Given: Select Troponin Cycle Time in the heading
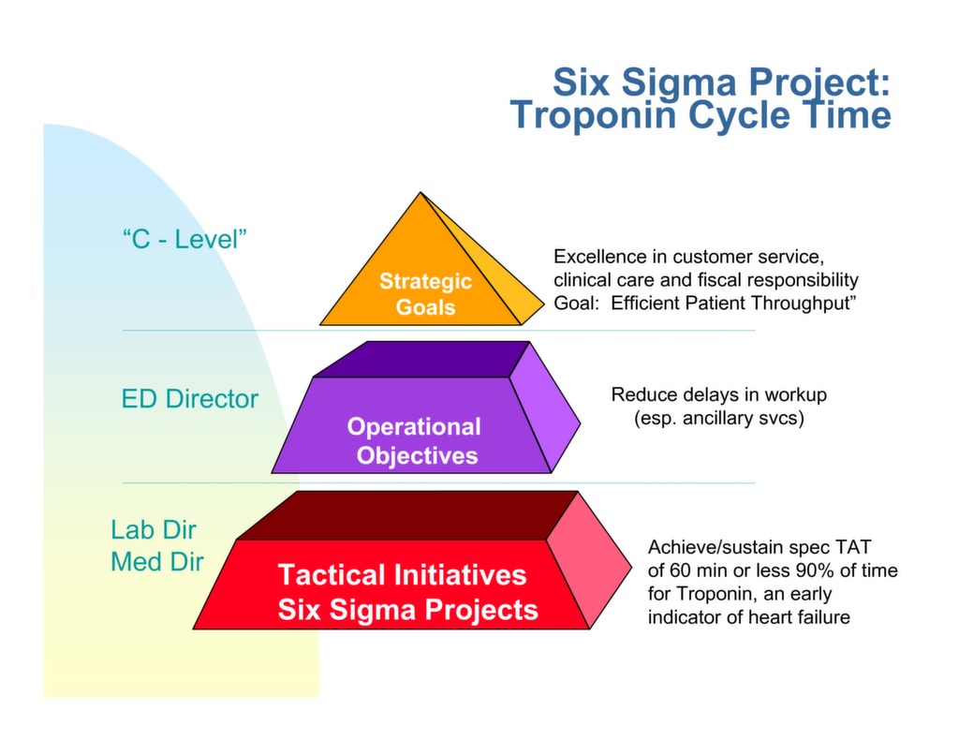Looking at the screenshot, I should pyautogui.click(x=701, y=116).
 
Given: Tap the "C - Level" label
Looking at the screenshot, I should pyautogui.click(x=184, y=238).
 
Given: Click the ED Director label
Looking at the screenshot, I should pyautogui.click(x=190, y=399).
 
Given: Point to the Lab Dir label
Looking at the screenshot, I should pyautogui.click(x=154, y=529).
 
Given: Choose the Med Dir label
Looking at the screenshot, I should pyautogui.click(x=156, y=562).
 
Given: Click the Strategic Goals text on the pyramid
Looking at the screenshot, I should pyautogui.click(x=425, y=294).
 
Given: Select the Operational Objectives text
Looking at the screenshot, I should pyautogui.click(x=414, y=441).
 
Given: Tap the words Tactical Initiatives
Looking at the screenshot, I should pyautogui.click(x=402, y=574).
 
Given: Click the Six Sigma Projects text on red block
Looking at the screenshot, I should pyautogui.click(x=407, y=610).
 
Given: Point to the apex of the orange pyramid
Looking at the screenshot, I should pyautogui.click(x=420, y=194).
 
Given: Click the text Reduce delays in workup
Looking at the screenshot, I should pyautogui.click(x=718, y=394).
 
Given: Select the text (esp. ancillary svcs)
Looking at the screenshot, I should pyautogui.click(x=718, y=419).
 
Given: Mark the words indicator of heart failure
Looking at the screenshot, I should pyautogui.click(x=748, y=617).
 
